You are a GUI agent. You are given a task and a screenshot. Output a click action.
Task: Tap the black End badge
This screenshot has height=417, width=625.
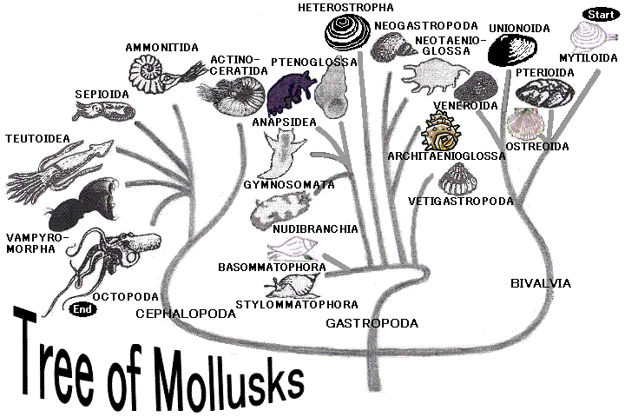(82, 308)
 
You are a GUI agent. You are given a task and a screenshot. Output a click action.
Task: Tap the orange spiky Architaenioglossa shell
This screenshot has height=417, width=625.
(439, 135)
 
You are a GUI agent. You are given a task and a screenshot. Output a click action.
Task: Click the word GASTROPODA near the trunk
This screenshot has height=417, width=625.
(372, 323)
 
